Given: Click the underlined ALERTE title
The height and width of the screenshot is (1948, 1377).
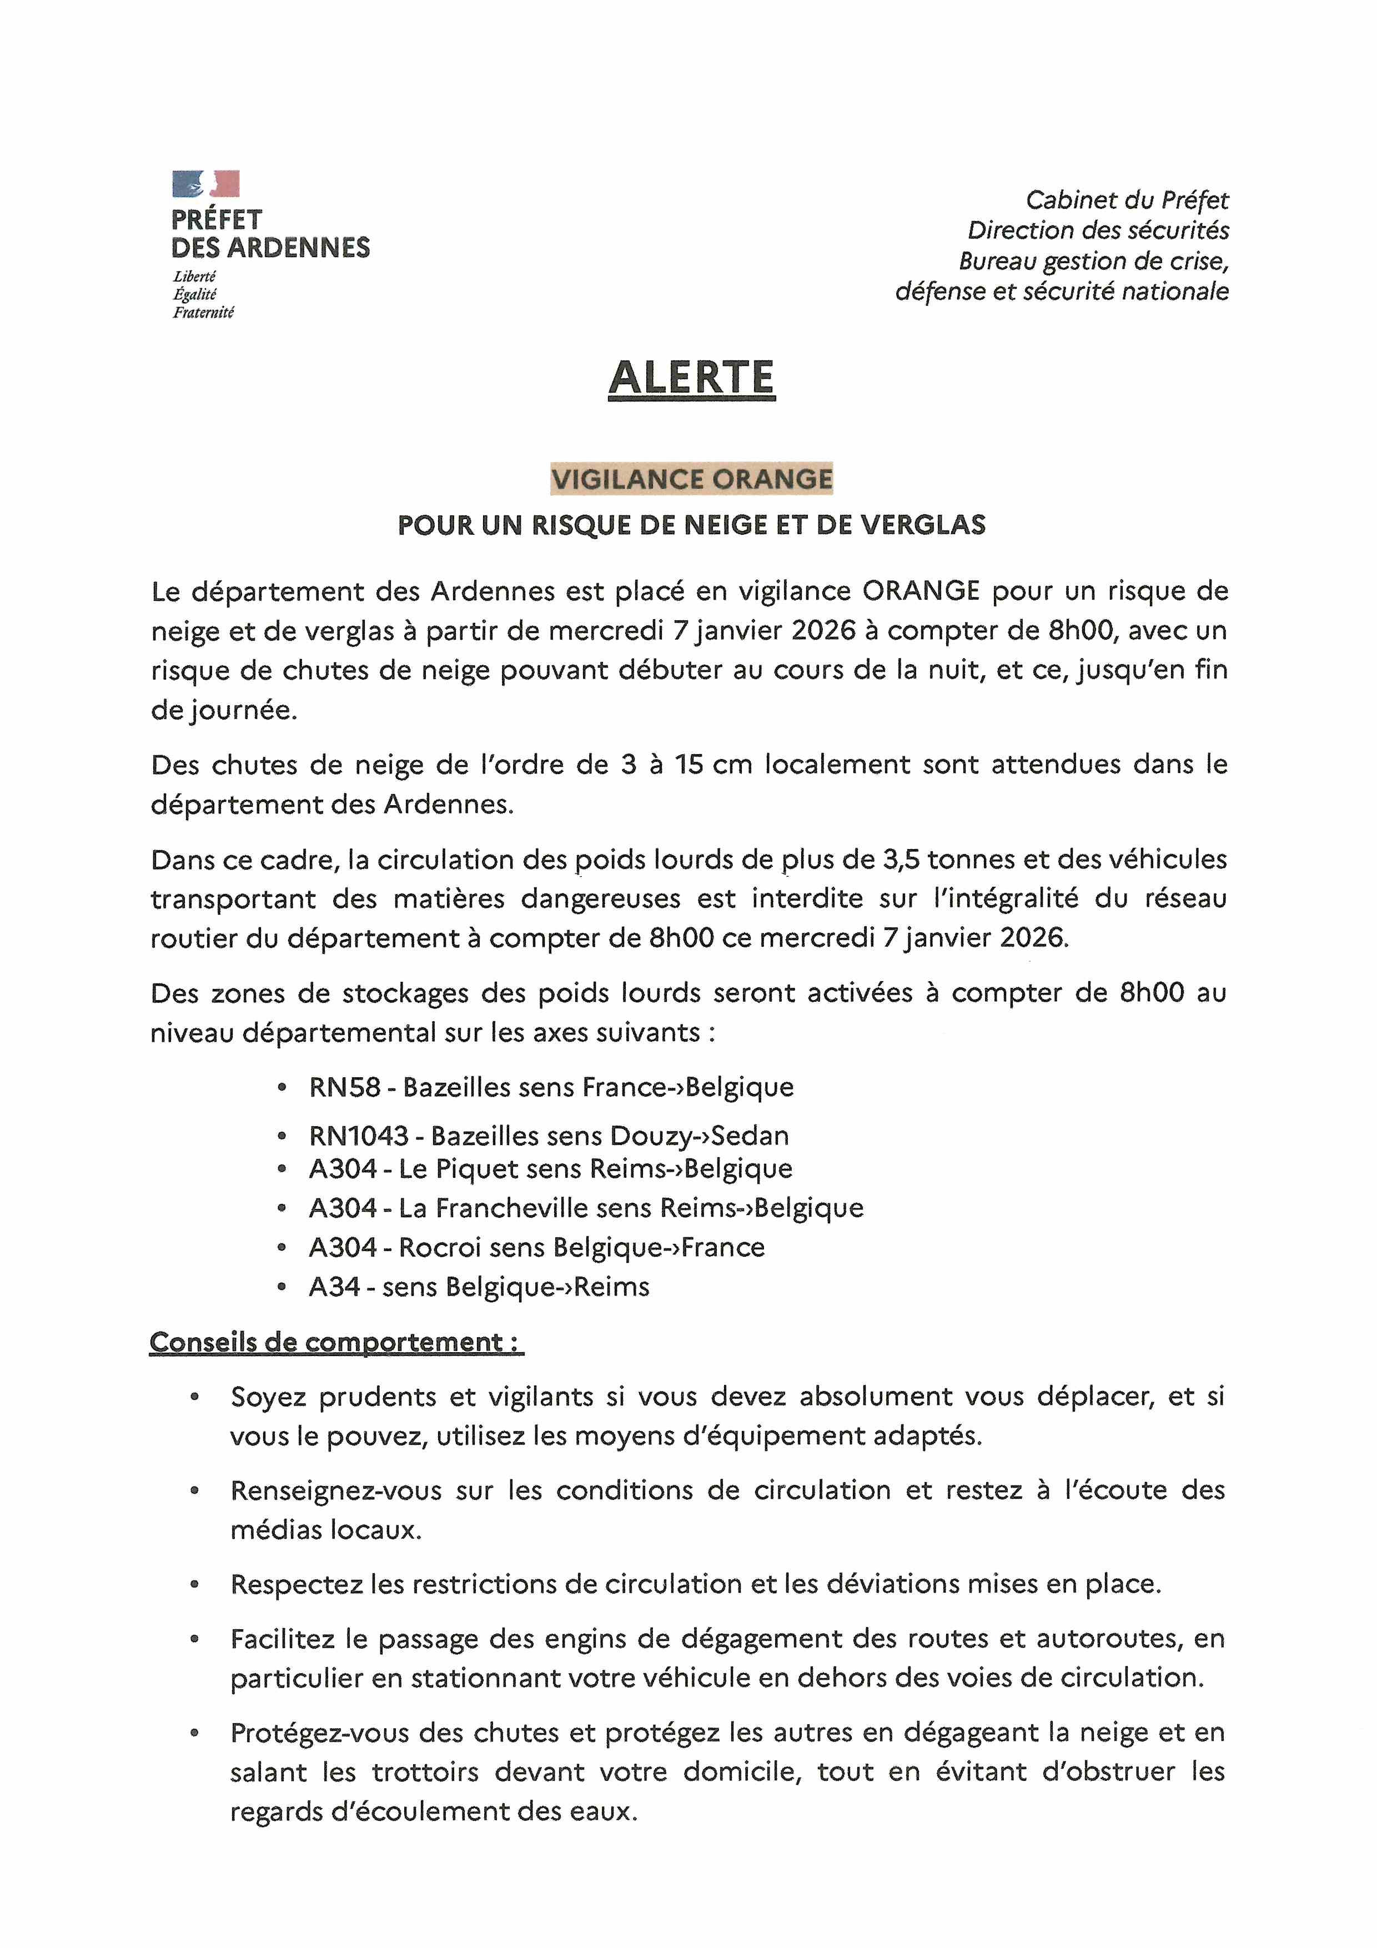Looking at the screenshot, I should [x=691, y=378].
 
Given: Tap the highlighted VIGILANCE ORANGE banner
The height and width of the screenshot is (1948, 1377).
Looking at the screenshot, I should [x=691, y=479].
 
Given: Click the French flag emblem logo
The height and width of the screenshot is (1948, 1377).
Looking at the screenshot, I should [x=205, y=183].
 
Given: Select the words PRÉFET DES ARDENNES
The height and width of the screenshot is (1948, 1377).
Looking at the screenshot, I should [x=270, y=233].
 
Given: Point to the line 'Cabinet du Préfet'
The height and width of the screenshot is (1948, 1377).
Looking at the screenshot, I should [x=1126, y=200].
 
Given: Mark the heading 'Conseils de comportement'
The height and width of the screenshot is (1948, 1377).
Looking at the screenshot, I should [x=335, y=1342].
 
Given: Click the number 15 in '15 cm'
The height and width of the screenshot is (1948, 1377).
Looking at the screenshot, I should [x=690, y=765].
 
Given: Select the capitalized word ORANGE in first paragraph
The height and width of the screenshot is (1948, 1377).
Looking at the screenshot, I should [x=921, y=590].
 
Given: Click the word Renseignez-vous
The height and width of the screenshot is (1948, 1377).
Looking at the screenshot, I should [x=336, y=1490].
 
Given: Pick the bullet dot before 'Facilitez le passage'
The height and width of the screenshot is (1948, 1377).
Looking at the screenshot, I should [x=194, y=1639].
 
